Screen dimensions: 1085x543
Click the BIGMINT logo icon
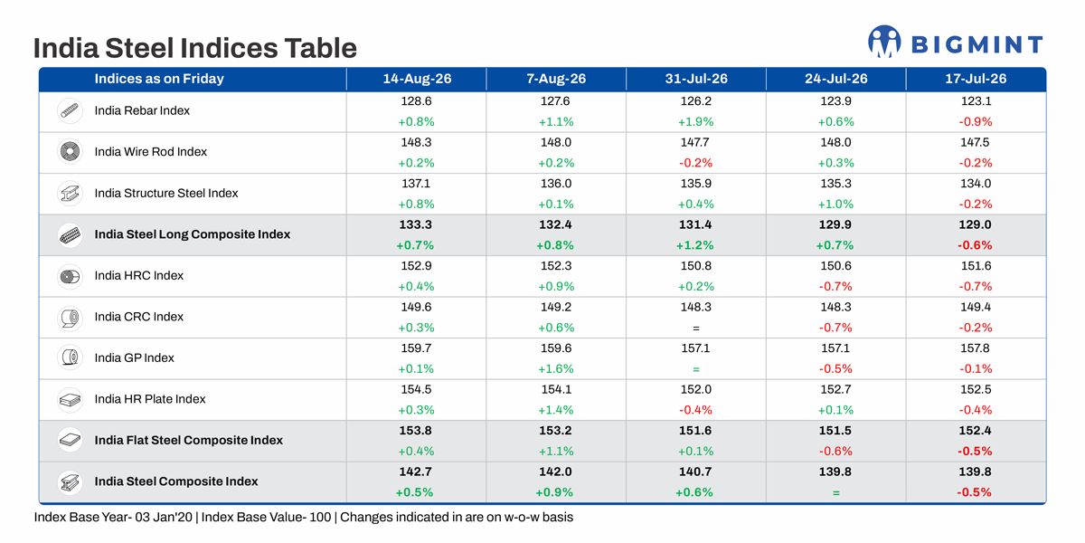tap(884, 42)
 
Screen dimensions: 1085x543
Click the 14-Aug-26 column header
tap(417, 79)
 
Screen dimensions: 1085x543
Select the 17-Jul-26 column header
tap(976, 79)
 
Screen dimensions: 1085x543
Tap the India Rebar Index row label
tap(142, 110)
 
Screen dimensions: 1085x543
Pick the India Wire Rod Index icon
tap(70, 152)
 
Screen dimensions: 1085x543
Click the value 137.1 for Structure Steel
tap(416, 183)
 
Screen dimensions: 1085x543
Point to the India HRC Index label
tap(139, 275)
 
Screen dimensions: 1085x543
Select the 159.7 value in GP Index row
tap(417, 348)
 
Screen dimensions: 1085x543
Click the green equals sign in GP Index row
tap(696, 369)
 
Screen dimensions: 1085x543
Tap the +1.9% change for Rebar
tap(695, 121)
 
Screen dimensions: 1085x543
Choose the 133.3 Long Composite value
tap(416, 224)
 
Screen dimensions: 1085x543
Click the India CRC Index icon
tap(70, 318)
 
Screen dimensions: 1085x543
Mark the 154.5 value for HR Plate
tap(416, 389)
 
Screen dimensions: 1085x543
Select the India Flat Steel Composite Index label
tap(188, 440)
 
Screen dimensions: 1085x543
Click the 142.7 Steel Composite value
tap(415, 472)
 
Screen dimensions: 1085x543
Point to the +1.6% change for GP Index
tap(556, 369)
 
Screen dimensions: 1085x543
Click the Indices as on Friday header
tap(159, 79)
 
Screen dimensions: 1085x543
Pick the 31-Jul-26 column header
tap(696, 79)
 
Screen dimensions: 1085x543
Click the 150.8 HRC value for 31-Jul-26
tap(696, 266)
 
